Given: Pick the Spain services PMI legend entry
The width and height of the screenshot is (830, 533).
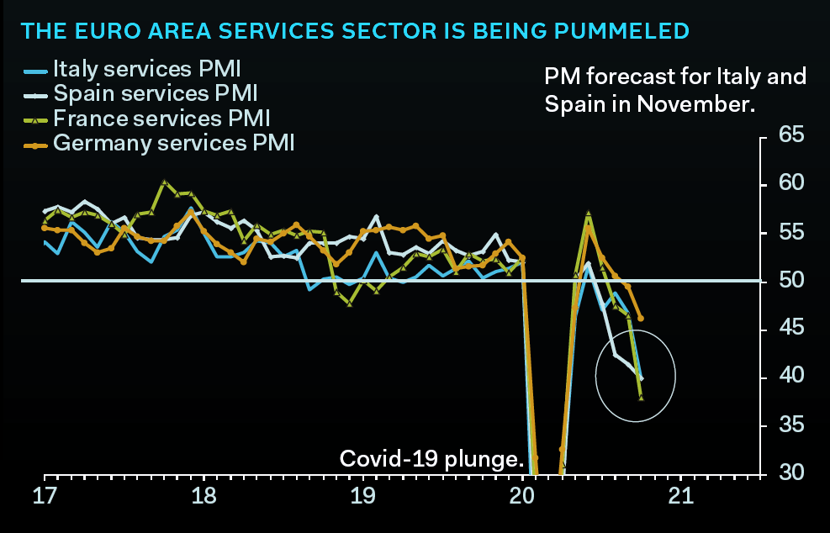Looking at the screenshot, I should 155,92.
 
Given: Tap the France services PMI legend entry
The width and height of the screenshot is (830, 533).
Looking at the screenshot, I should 161,118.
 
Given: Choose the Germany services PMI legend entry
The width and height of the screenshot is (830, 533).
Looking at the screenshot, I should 173,142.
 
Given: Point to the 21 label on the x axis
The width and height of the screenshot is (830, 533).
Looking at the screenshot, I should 679,498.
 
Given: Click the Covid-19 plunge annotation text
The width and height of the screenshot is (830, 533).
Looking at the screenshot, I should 431,459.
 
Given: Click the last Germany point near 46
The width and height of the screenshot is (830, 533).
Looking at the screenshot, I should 641,319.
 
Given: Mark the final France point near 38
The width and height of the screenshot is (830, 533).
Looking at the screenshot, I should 642,397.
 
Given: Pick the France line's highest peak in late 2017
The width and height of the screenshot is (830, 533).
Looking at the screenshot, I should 164,182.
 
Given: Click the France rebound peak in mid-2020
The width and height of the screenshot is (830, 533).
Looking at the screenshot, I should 589,213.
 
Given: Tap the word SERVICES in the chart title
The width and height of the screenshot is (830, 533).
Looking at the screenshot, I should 246,32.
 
